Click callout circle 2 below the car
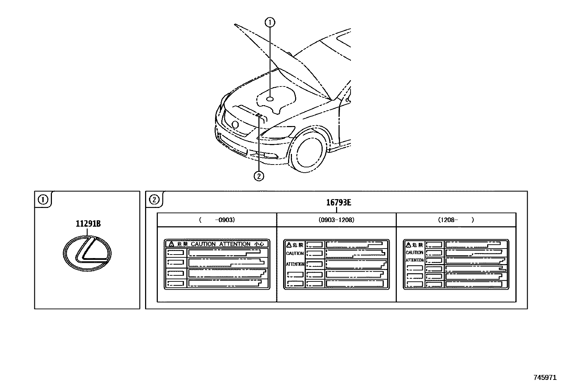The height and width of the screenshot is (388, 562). coord(259,175)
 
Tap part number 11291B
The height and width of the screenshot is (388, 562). coord(88,224)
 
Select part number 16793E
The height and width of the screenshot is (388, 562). coord(338,203)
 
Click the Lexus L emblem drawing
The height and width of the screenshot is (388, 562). coord(87,253)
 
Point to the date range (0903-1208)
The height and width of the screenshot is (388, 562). coord(336,220)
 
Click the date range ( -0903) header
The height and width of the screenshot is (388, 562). coord(217,220)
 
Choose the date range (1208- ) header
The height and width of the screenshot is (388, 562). coord(456,220)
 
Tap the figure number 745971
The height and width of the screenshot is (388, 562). coord(545,377)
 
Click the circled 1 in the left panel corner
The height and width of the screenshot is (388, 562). coord(43,200)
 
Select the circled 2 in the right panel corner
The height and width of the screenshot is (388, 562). coord(154,200)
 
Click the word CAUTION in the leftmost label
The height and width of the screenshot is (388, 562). coord(203,244)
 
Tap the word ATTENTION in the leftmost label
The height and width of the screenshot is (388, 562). coord(235,244)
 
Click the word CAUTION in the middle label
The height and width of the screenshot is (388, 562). coord(295,253)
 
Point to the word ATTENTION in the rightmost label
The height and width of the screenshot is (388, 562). coord(414,260)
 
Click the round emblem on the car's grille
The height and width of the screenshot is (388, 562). coord(235,124)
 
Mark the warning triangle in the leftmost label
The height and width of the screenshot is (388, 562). coord(171,244)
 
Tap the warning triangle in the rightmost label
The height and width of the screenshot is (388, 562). coord(408,245)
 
